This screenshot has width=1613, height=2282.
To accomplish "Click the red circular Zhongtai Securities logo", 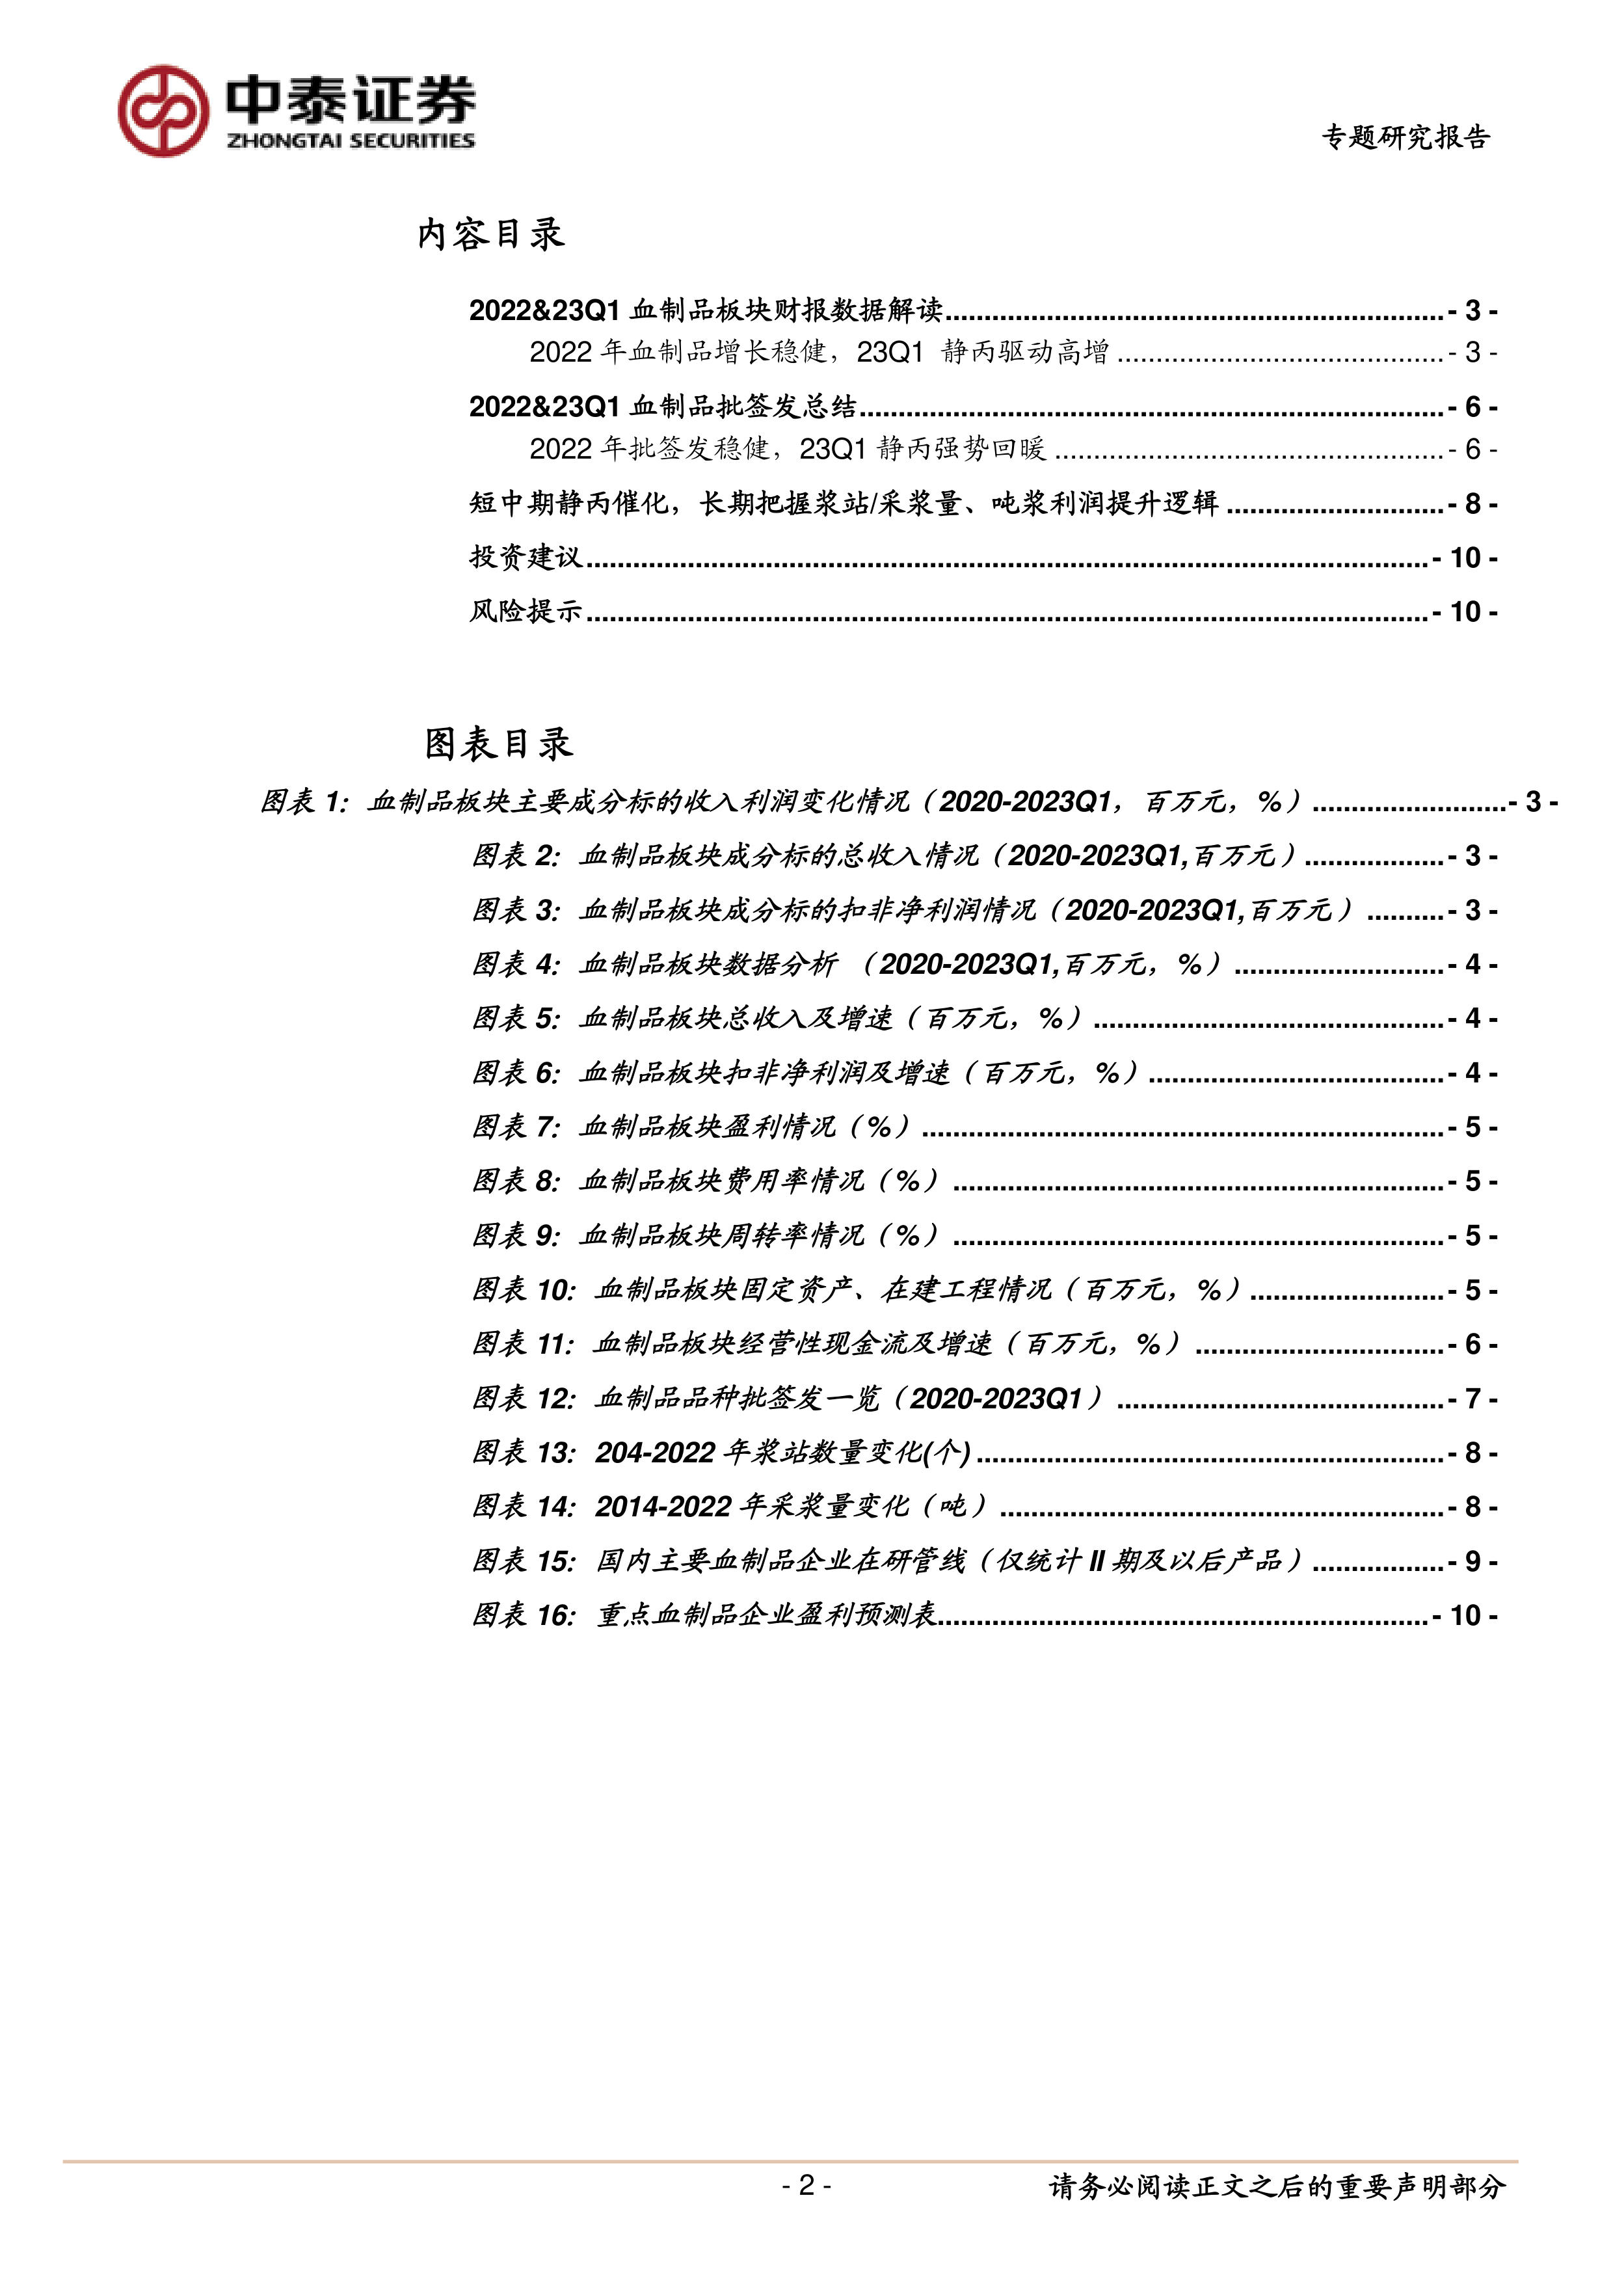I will pyautogui.click(x=163, y=111).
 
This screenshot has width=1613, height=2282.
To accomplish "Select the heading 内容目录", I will pyautogui.click(x=491, y=235).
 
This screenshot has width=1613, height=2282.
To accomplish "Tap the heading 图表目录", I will pyautogui.click(x=498, y=744).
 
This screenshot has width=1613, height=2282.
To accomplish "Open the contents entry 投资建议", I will pyautogui.click(x=525, y=557).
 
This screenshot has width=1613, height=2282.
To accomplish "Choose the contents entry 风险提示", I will pyautogui.click(x=525, y=611).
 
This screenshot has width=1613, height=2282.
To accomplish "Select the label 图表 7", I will pyautogui.click(x=515, y=1127).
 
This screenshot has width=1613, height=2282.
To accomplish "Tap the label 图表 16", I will pyautogui.click(x=523, y=1615).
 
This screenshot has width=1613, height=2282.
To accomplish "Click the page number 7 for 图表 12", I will pyautogui.click(x=1473, y=1399).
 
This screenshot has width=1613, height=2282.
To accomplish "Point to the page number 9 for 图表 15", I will pyautogui.click(x=1473, y=1561).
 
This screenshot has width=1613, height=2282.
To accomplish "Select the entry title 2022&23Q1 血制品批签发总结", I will pyautogui.click(x=662, y=407).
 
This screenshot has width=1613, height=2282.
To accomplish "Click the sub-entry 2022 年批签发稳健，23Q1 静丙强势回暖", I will pyautogui.click(x=787, y=450).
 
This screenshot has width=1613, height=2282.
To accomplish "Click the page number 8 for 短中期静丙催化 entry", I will pyautogui.click(x=1473, y=505).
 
